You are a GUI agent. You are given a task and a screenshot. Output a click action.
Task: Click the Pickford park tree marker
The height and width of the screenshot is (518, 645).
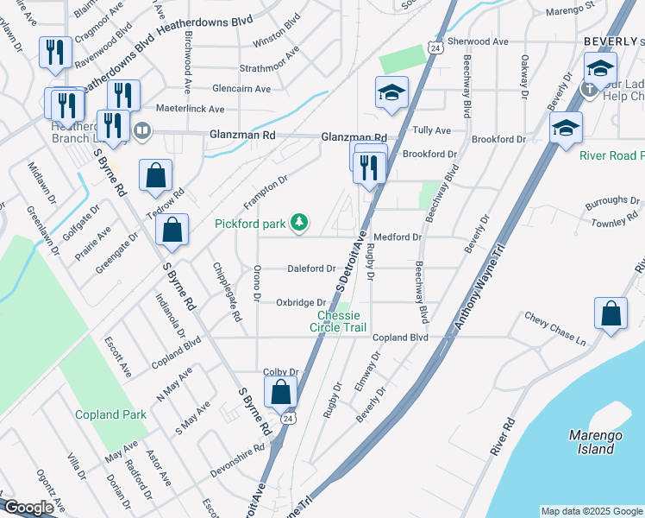pos(299,224)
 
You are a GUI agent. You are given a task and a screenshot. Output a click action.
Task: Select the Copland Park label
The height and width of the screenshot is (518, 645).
pos(110,415)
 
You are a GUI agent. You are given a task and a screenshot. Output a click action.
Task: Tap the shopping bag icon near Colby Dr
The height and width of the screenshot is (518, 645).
pos(281,392)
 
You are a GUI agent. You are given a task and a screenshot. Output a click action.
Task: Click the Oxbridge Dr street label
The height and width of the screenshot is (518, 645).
pos(300,302)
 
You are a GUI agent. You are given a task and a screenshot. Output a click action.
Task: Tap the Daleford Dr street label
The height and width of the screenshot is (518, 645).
pos(311,268)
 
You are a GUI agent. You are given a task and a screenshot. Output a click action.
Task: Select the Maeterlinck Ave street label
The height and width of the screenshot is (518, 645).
pos(190,109)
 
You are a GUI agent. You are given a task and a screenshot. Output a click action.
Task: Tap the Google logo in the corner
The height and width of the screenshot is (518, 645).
pos(28,508)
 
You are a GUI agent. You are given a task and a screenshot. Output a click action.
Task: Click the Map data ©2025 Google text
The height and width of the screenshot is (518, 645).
pos(591,511)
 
